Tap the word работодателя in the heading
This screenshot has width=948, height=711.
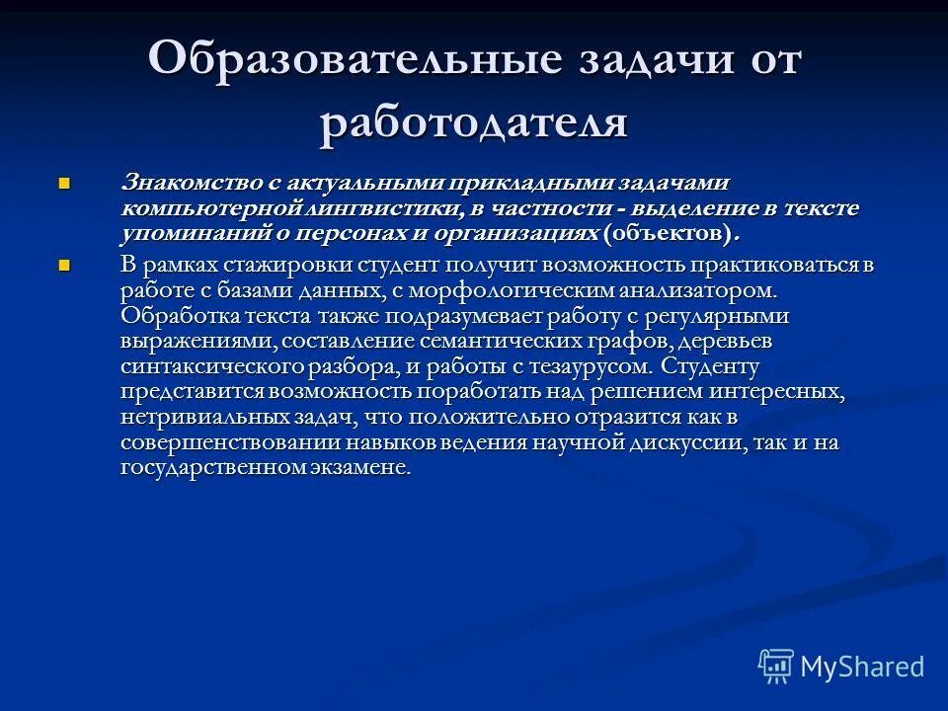tap(474, 122)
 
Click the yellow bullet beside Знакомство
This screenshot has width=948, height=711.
tap(65, 183)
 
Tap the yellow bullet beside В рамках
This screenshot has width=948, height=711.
tap(65, 265)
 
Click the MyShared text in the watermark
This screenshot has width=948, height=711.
tap(862, 666)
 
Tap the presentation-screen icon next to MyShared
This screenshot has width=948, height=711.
tap(776, 667)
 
